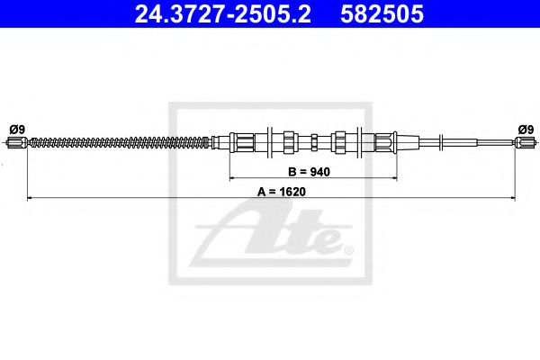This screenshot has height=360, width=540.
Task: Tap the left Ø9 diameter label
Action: pyautogui.click(x=15, y=128)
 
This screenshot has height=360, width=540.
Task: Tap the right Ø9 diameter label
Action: pyautogui.click(x=524, y=128)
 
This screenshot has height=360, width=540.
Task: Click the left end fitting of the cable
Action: pyautogui.click(x=19, y=141)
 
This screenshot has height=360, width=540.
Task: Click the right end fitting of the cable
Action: pyautogui.click(x=524, y=141)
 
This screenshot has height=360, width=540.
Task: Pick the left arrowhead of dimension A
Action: pyautogui.click(x=31, y=195)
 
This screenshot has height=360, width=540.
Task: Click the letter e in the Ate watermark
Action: pyautogui.click(x=324, y=240)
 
